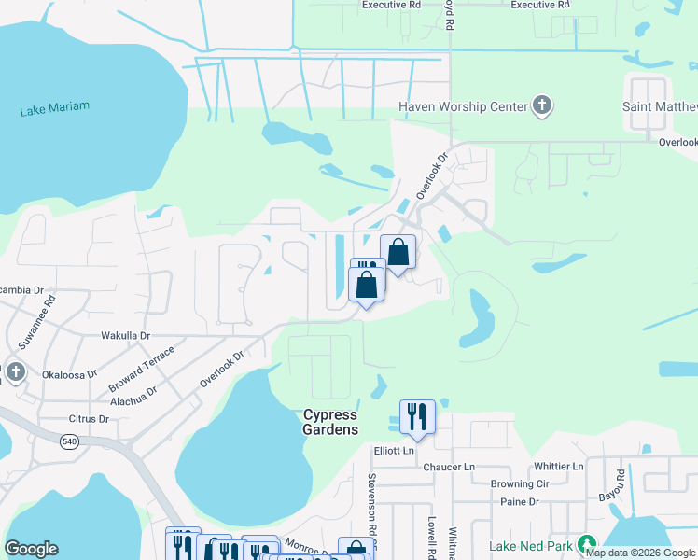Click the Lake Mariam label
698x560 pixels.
(55, 108)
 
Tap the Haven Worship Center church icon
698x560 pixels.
(542, 106)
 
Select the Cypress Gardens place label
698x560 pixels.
(330, 422)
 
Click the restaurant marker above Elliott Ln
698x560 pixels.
(417, 417)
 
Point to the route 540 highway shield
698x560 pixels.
(69, 441)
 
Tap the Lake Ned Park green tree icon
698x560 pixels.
(586, 543)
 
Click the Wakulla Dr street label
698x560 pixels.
(125, 335)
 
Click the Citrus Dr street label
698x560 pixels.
(89, 419)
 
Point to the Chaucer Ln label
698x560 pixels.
(449, 466)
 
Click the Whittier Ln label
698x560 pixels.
(559, 466)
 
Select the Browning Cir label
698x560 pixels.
(521, 484)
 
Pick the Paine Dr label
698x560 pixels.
(521, 502)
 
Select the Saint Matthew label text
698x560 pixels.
(659, 107)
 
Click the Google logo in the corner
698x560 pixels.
(31, 549)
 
